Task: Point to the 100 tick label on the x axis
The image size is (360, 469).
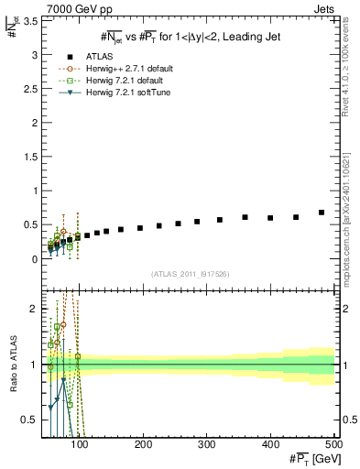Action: [81, 444]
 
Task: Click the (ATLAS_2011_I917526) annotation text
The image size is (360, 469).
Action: [191, 276]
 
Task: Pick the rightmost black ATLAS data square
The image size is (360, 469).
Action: [322, 213]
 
